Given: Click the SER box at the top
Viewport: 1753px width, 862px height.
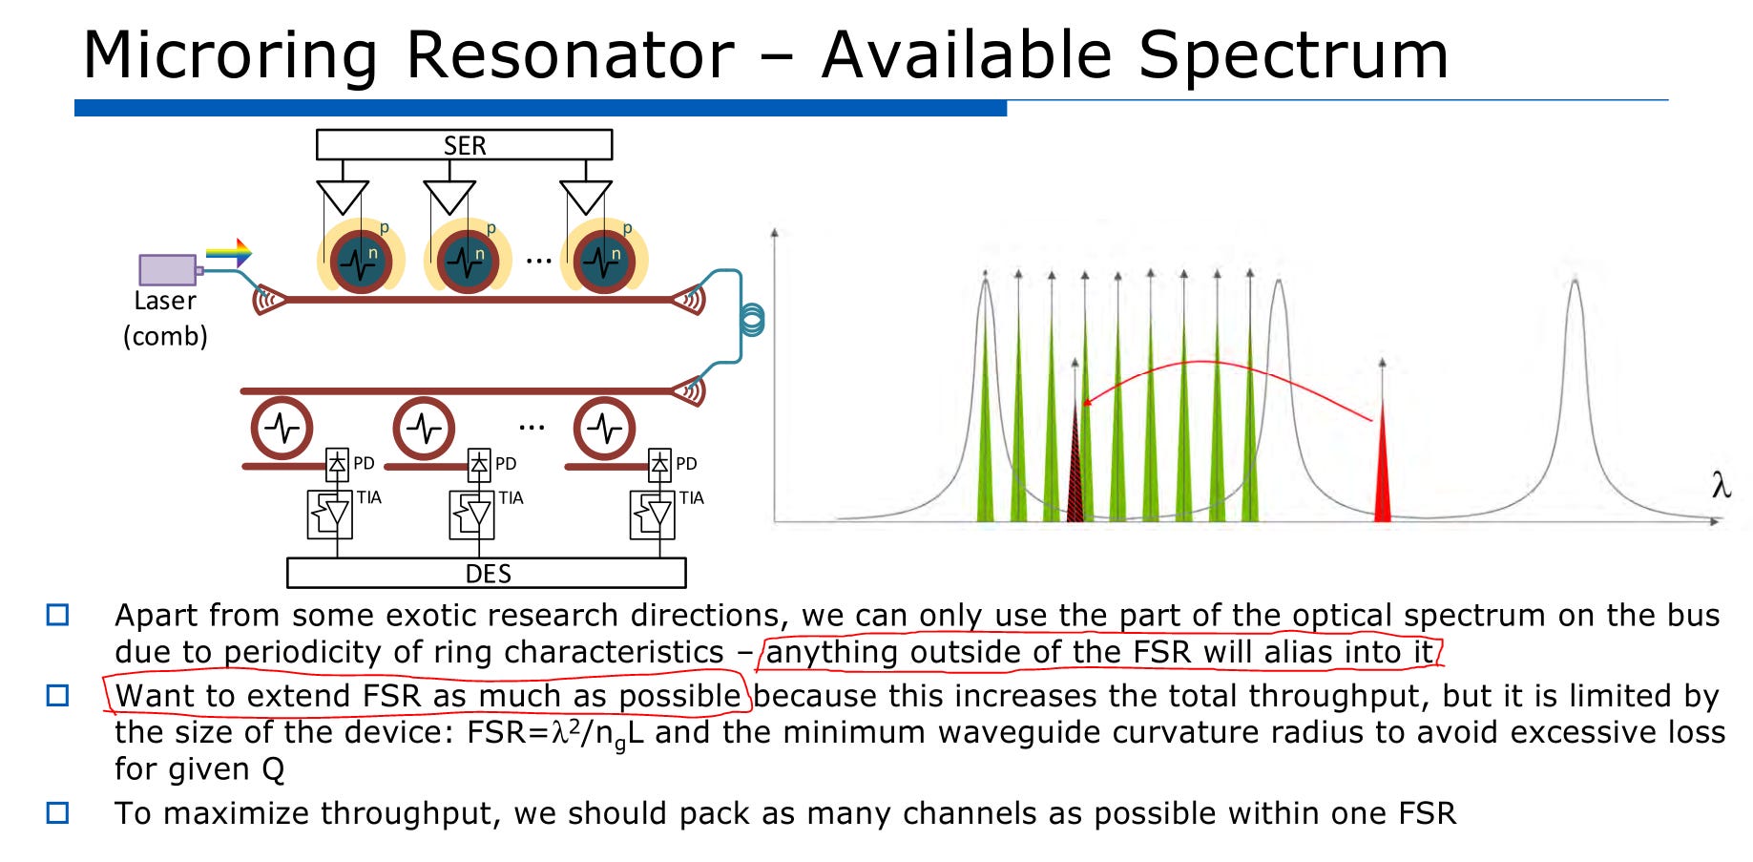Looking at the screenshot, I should coord(464,145).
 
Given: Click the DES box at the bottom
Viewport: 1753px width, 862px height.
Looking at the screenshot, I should coord(487,573).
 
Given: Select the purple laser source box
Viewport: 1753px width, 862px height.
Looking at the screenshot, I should coord(167,269).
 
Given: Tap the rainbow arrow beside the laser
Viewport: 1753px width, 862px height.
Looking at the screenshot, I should coord(229,252).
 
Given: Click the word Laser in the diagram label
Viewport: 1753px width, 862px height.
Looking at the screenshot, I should coord(165,301).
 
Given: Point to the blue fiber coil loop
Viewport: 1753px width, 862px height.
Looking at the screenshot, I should coord(752,320).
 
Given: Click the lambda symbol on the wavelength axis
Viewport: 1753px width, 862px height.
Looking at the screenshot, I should coord(1721,486).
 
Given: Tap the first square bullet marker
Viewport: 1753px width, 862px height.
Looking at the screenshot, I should coord(58,615).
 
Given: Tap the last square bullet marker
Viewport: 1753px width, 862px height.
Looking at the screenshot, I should coord(58,813).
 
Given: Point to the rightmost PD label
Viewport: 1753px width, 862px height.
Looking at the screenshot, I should coord(686,464).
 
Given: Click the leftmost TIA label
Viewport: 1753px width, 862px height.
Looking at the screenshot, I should coord(368,497).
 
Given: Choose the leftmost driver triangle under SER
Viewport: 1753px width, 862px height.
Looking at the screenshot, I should coord(342,197).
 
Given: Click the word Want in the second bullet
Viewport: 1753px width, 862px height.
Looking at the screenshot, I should coord(154,696).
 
